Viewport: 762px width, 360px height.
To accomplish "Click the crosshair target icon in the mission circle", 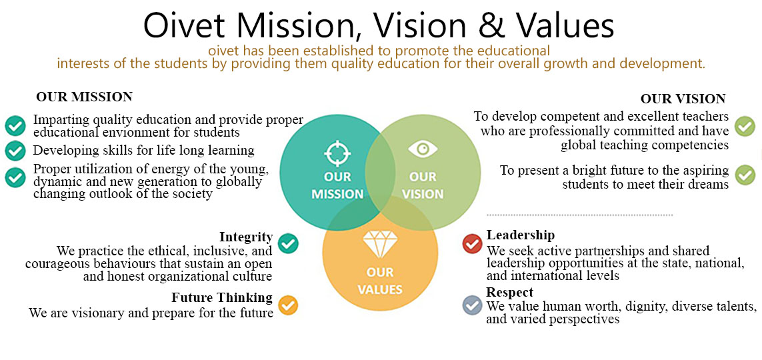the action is point(337,153).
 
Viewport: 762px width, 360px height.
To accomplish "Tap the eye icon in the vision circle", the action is point(423,149).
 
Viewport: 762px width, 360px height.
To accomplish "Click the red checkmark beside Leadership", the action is point(473,243).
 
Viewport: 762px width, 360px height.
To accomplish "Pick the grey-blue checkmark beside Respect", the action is point(473,305).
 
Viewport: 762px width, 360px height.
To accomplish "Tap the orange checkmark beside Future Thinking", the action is point(288,305).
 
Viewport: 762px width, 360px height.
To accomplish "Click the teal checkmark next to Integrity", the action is point(288,243).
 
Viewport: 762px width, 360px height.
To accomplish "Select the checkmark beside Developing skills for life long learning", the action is point(15,151).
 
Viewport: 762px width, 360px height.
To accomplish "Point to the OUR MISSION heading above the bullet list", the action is point(84,97).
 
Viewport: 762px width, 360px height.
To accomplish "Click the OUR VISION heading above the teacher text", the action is point(683,99).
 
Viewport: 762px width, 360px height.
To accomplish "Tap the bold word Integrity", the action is point(246,237).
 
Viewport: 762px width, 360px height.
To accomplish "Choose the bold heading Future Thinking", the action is point(222,297).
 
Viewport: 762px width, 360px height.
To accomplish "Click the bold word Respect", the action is point(510,292).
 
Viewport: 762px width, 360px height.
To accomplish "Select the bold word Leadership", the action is point(521,235).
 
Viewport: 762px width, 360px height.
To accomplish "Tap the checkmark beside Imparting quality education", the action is point(15,125).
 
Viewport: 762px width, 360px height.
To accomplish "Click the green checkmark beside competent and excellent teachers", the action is point(745,126).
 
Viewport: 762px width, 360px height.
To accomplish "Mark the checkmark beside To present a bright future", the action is point(745,175).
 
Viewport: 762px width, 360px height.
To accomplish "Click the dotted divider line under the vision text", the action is point(580,214).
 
